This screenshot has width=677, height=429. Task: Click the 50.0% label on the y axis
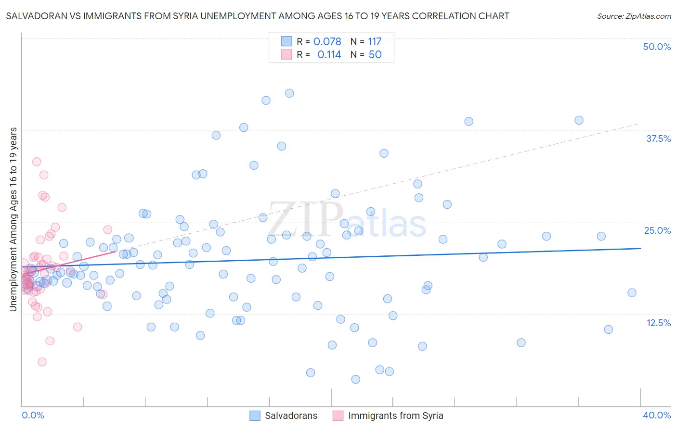click(657, 47)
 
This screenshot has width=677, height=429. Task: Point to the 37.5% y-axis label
click(658, 139)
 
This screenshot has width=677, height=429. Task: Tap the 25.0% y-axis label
click(657, 230)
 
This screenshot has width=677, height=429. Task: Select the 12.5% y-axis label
click(658, 323)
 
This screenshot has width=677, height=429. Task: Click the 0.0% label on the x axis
click(33, 415)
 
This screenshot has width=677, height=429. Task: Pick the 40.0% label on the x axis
click(657, 415)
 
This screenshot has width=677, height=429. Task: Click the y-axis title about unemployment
click(13, 219)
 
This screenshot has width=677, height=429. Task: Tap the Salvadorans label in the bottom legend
click(291, 416)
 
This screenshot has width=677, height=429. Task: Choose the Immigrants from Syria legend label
click(395, 416)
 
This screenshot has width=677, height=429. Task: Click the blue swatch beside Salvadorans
click(255, 416)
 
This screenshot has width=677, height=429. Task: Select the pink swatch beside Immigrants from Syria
click(338, 416)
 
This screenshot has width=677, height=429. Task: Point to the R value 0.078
click(327, 41)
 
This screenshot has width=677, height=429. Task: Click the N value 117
click(375, 41)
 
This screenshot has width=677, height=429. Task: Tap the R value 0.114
click(329, 55)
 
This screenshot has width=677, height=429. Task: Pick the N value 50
click(375, 55)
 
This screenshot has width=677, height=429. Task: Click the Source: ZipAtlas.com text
click(634, 16)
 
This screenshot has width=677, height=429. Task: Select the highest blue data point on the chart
click(289, 93)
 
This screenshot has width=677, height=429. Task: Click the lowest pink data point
click(42, 362)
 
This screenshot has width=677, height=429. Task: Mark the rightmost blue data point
click(632, 293)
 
